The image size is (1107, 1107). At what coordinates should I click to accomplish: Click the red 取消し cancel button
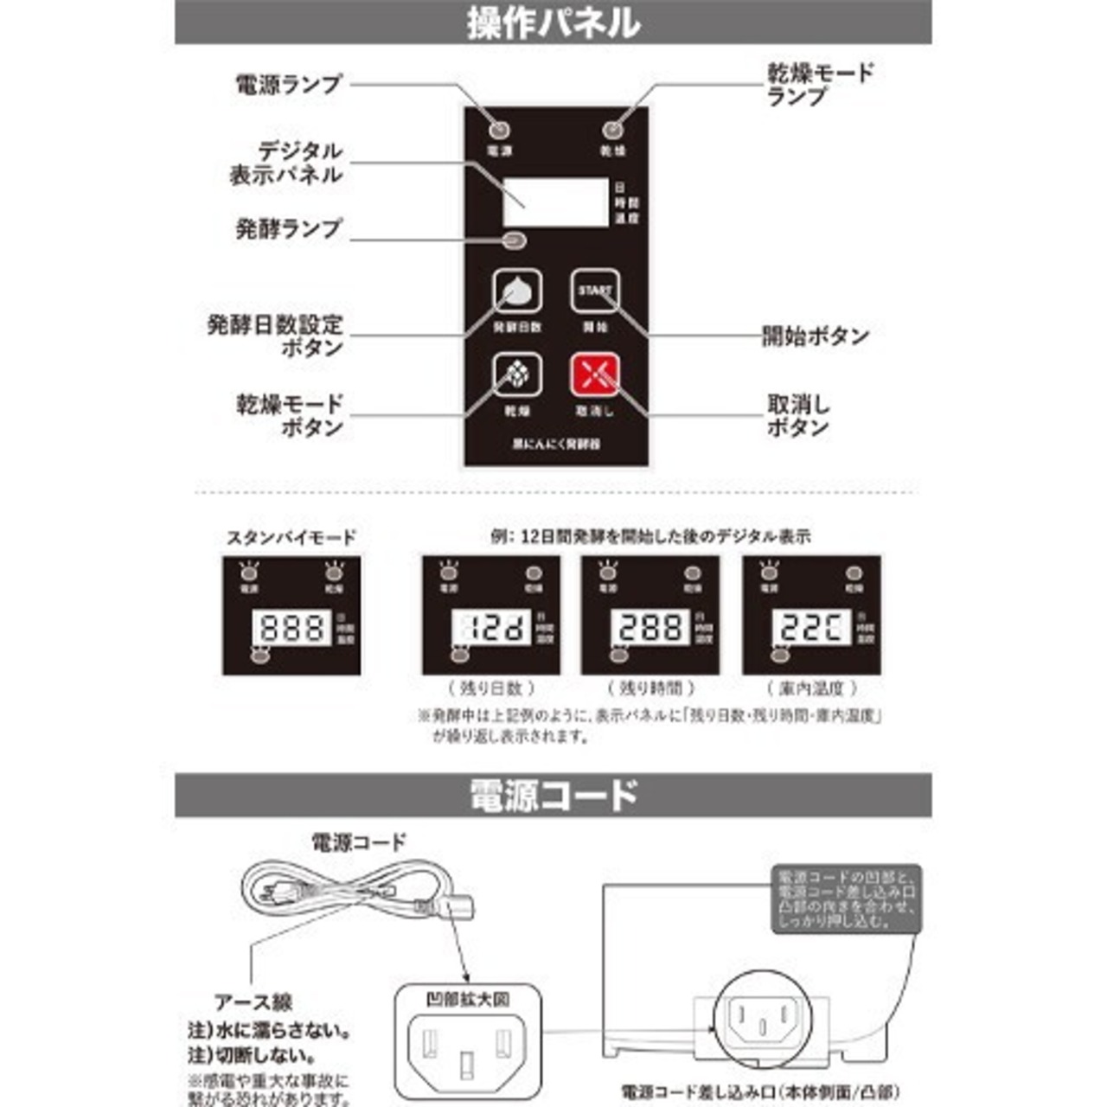[x=595, y=374]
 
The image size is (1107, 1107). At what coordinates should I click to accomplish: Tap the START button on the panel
[x=595, y=291]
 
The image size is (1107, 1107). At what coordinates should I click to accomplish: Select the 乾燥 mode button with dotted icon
[x=517, y=374]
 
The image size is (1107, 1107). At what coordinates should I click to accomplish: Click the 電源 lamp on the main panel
[x=499, y=131]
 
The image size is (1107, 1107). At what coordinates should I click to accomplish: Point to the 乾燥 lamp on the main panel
[x=612, y=131]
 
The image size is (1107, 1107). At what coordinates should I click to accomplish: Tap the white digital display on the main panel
[x=555, y=202]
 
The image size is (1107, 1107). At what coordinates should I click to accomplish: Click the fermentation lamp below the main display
[x=513, y=242]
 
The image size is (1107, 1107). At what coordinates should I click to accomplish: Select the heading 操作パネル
[x=553, y=22]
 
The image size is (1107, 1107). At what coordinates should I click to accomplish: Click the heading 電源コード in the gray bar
[x=553, y=794]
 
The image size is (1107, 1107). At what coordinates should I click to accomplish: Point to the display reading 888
[x=291, y=627]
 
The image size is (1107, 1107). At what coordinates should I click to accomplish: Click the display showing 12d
[x=490, y=627]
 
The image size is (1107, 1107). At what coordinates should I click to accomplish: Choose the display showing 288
[x=650, y=627]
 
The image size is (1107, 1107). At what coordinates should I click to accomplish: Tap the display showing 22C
[x=811, y=627]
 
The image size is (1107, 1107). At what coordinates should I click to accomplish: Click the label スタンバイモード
[x=291, y=537]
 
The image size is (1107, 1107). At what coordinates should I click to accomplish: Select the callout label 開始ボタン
[x=815, y=336]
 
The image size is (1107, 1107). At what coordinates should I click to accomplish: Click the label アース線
[x=253, y=1002]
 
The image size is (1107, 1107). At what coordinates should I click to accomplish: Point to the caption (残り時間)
[x=651, y=688]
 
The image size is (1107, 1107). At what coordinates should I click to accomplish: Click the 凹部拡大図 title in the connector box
[x=467, y=1000]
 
